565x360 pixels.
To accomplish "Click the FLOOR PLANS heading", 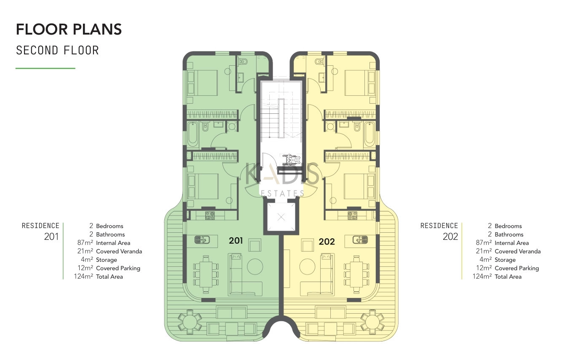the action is click(69, 29).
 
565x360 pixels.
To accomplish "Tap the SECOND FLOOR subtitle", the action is click(57, 51).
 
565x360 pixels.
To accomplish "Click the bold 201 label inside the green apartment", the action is click(236, 240).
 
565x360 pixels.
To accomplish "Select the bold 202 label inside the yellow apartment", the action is click(327, 242).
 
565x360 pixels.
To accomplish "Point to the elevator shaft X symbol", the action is click(281, 217).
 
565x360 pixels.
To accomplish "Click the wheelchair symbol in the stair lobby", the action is click(291, 160).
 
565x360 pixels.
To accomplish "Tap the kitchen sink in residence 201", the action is click(202, 239).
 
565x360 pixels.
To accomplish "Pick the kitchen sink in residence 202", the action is click(360, 239).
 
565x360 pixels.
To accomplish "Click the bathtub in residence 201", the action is click(193, 134).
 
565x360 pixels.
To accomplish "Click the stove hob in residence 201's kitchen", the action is click(210, 215).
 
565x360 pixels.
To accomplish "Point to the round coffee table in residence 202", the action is click(307, 266).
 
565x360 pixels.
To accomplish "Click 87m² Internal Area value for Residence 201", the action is click(85, 243).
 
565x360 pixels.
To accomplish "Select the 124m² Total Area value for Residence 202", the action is click(482, 277).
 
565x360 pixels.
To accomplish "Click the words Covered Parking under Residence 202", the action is click(517, 268).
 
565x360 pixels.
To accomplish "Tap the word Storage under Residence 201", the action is click(107, 260).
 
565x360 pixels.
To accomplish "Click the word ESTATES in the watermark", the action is click(282, 193).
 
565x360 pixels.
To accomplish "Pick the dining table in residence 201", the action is click(206, 274).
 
